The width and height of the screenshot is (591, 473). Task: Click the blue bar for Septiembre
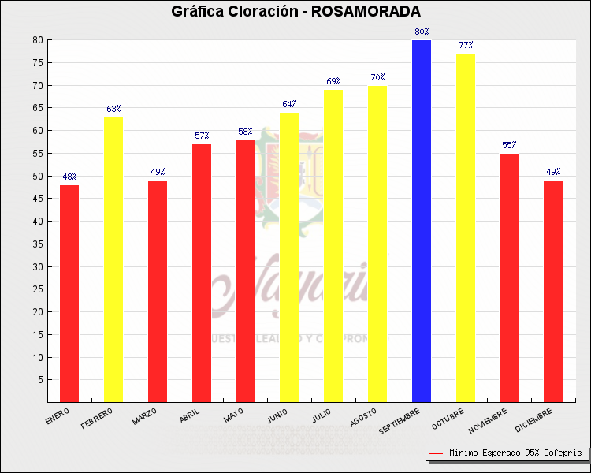422,221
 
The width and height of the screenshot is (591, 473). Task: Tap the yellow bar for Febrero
113,259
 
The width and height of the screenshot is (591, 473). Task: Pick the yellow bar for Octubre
466,228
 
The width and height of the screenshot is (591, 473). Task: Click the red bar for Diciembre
553,291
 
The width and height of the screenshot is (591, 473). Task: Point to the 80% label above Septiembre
422,32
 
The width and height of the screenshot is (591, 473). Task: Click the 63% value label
113,109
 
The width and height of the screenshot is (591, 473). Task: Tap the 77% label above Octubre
466,46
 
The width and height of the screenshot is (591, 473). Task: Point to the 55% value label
509,145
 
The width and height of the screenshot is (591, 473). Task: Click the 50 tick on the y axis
38,176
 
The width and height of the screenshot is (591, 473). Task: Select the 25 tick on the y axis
38,289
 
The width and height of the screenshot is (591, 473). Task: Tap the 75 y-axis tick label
38,62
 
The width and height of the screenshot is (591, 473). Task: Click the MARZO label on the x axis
145,417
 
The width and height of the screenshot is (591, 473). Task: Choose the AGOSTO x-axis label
363,418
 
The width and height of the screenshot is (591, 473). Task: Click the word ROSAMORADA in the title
366,12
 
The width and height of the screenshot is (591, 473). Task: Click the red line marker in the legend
436,453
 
